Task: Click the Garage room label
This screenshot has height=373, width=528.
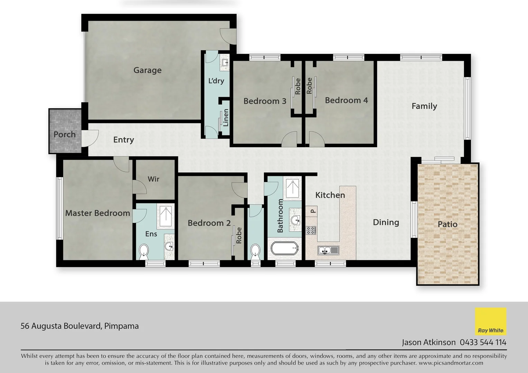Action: (x=147, y=70)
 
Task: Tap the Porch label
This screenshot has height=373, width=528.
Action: (x=65, y=134)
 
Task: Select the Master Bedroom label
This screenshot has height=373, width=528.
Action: (x=97, y=213)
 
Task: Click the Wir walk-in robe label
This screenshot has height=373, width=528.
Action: (x=153, y=179)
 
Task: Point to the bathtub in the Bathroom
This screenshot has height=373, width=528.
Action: (x=284, y=249)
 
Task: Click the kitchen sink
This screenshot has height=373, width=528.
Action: (x=328, y=250)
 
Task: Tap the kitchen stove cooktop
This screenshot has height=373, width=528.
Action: (x=311, y=230)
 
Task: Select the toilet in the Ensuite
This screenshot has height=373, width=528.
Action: (x=143, y=251)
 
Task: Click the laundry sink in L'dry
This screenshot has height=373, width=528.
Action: (x=225, y=63)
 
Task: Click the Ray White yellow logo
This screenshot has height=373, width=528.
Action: (x=491, y=322)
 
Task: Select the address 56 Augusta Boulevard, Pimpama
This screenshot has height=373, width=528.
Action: (x=80, y=326)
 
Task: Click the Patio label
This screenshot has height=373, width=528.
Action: (x=447, y=224)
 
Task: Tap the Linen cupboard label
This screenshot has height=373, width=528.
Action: (x=226, y=117)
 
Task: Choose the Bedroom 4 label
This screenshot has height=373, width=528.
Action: (x=346, y=101)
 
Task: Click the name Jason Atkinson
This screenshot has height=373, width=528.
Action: (x=428, y=342)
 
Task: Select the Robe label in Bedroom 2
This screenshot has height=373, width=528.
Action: (x=239, y=236)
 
